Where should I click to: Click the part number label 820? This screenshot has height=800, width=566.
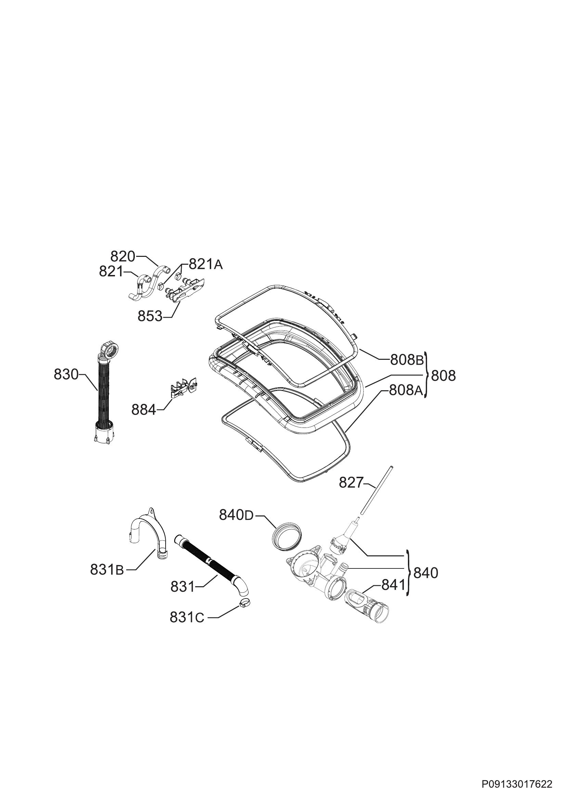tap(123, 257)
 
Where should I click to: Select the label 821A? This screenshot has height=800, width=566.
tap(206, 264)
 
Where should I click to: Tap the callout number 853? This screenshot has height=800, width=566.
tap(150, 316)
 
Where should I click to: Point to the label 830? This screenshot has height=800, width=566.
tap(66, 375)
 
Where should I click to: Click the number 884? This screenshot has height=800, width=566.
tap(144, 410)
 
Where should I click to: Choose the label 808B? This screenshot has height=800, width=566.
tap(407, 360)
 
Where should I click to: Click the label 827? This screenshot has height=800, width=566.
tap(351, 483)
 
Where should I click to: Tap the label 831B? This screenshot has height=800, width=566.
tap(107, 570)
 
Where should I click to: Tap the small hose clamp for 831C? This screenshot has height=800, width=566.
tap(245, 603)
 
